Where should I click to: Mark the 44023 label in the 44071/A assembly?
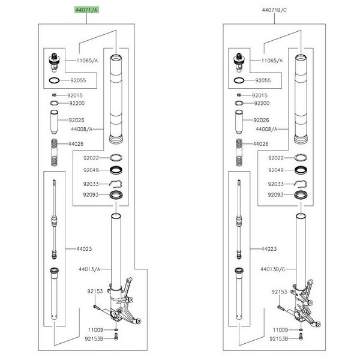click(x=84, y=248)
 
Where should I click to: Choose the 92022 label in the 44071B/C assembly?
click(x=276, y=158)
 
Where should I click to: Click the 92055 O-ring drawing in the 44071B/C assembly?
click(x=238, y=79)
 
